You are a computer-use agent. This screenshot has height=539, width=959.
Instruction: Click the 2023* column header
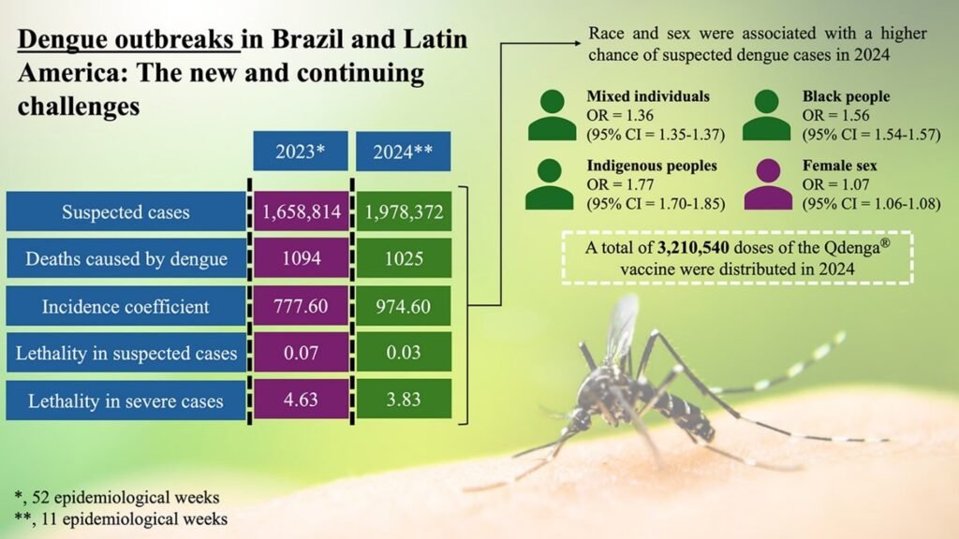click(300, 152)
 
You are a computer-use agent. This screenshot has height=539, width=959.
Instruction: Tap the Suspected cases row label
click(125, 211)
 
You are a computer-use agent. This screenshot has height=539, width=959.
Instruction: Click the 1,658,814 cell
click(300, 211)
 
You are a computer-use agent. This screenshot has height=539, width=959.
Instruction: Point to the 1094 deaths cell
click(300, 258)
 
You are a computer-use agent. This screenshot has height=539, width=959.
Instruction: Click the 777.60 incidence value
click(300, 306)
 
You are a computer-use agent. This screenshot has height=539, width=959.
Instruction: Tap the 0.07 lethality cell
click(300, 353)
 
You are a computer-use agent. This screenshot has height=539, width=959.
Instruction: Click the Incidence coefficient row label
click(125, 306)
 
